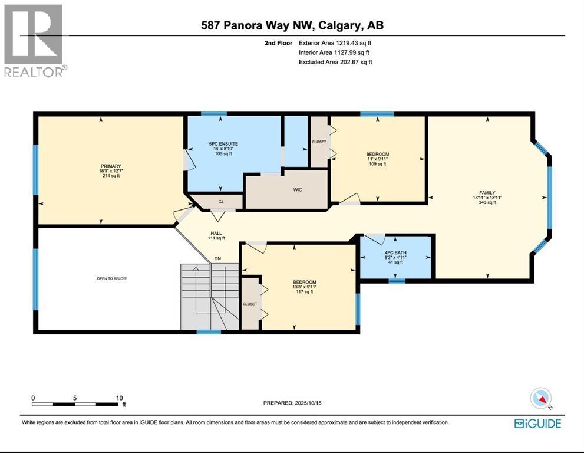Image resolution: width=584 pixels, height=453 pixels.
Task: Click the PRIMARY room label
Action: [x=110, y=166]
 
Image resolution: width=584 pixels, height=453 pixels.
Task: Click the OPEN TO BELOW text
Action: [x=112, y=278]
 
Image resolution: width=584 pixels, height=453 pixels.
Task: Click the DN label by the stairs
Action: [x=217, y=258]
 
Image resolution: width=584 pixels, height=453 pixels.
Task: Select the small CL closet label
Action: [x=221, y=202]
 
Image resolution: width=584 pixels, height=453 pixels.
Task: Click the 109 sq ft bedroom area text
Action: [x=377, y=164]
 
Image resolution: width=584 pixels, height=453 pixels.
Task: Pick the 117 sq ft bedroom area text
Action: [x=305, y=291]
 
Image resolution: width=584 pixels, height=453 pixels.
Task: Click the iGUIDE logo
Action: [x=537, y=424]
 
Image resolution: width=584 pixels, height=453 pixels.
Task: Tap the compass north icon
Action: [x=542, y=398]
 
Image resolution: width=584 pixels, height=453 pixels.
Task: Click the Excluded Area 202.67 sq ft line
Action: [x=335, y=62]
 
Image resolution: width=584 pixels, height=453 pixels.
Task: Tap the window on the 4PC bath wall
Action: [x=397, y=281]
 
